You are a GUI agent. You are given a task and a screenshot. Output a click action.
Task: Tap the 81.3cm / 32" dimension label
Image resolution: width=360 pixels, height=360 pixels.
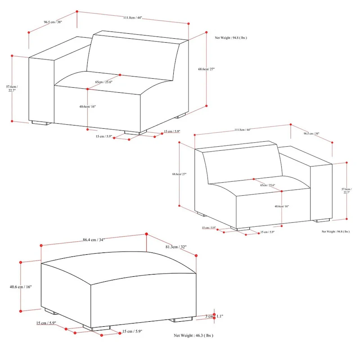(175, 247)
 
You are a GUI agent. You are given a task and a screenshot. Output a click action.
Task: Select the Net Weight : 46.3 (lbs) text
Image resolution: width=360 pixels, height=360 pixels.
(193, 336)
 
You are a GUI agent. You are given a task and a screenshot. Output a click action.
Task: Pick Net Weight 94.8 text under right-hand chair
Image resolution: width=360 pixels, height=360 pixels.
(335, 231)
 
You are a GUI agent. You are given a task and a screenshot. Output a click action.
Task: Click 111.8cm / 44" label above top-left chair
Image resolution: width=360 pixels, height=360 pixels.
(133, 18)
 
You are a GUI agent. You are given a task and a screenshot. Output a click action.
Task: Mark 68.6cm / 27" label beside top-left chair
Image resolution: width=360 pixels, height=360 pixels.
(207, 69)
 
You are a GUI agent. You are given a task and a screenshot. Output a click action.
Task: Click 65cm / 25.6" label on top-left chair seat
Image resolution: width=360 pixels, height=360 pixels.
(103, 82)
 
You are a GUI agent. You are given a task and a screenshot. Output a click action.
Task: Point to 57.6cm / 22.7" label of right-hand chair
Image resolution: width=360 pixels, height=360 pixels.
(346, 191)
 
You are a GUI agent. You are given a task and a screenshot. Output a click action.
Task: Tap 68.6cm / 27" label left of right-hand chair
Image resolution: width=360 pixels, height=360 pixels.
(179, 174)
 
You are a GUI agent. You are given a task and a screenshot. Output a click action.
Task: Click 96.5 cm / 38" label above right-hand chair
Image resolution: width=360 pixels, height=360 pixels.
(311, 134)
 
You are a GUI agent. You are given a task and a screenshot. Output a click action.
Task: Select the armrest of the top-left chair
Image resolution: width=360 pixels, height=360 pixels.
(41, 88)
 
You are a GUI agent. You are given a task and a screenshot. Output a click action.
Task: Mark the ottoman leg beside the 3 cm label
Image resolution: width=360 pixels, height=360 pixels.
(182, 320)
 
